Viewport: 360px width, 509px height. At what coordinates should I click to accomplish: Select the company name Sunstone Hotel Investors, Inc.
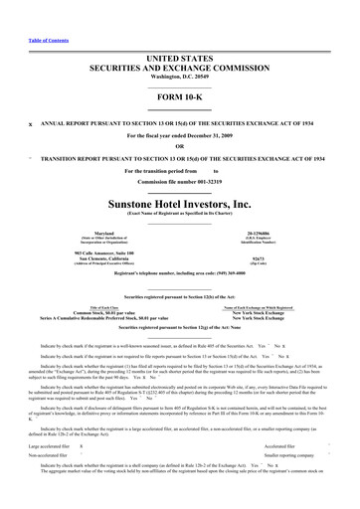180,199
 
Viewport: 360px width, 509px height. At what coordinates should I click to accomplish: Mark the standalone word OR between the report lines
180,146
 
